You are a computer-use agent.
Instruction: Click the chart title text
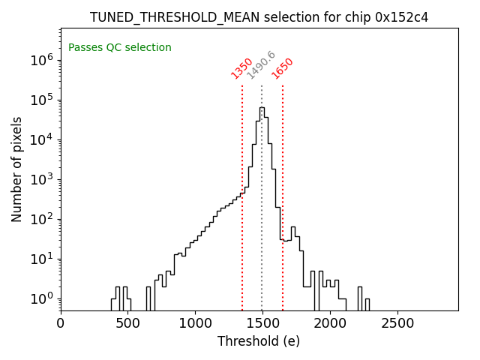(259, 17)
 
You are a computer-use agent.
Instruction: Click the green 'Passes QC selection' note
(120, 47)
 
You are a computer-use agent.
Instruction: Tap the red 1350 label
(241, 68)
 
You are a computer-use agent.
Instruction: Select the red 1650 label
(282, 68)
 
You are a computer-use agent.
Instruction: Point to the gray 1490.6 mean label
(261, 65)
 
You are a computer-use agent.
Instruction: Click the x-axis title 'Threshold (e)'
(259, 341)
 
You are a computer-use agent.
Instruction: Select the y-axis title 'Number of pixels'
(16, 169)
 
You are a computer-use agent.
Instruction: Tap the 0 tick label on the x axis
(61, 323)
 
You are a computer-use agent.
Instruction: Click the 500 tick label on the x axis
(127, 323)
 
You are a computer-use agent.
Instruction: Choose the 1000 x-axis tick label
(195, 323)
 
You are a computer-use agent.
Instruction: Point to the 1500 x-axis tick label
(262, 323)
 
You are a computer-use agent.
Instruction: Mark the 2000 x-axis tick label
(329, 323)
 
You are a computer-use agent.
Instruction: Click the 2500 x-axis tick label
(397, 323)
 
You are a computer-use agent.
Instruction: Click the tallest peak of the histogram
(262, 108)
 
